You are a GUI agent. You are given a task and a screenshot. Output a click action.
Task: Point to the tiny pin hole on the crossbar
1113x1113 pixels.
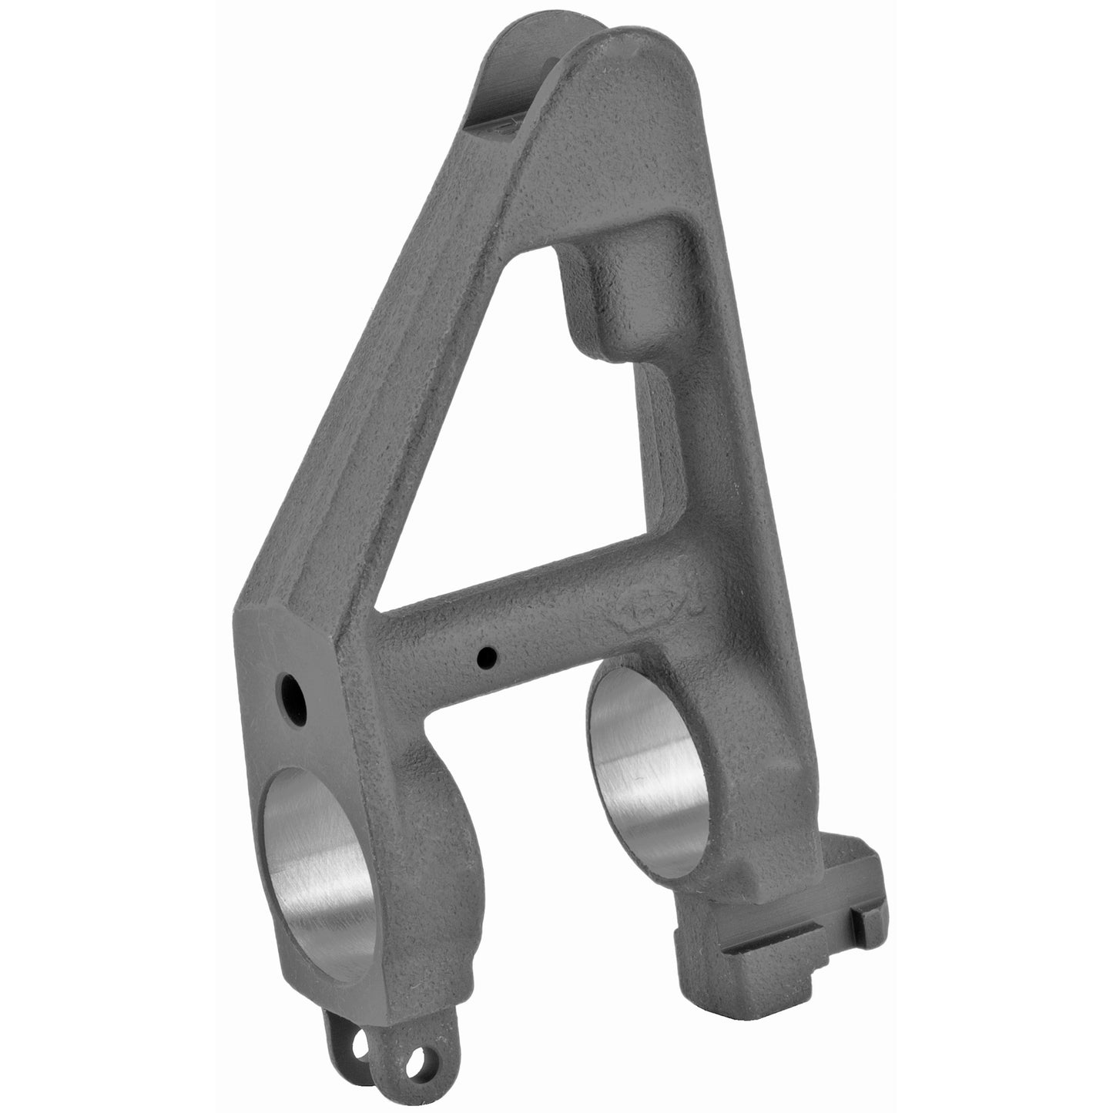click(487, 657)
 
